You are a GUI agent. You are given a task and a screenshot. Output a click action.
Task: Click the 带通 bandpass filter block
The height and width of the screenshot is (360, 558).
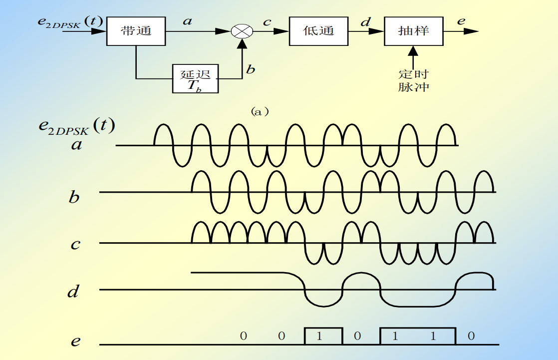(136, 31)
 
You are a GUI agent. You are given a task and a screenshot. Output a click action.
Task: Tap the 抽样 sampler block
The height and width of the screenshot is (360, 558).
(413, 31)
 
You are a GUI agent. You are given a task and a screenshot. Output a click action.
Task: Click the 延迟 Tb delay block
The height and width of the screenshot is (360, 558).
(196, 79)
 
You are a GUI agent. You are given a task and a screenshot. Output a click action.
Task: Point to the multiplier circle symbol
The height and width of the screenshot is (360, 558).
(242, 31)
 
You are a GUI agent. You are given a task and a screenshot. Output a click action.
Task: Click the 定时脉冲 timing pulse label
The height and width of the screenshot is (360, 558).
(414, 80)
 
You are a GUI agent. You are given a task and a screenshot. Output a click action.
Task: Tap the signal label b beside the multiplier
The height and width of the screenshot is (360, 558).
(251, 69)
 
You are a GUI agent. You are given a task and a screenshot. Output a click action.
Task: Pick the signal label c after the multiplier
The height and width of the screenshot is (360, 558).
(267, 22)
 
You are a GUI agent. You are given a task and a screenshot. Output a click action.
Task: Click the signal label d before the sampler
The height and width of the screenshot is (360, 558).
(365, 21)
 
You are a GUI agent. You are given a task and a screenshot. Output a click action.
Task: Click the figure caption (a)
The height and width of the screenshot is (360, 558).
(260, 111)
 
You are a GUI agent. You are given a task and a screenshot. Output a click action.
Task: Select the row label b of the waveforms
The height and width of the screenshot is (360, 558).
(74, 197)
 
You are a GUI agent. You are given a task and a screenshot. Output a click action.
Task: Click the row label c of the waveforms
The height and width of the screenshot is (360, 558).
(74, 245)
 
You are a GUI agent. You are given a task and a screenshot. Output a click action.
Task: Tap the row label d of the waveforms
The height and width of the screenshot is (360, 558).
(73, 291)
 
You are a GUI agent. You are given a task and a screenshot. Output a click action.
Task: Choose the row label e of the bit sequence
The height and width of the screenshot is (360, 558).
(75, 342)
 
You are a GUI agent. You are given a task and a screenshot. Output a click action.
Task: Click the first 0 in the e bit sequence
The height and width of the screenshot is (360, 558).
(243, 336)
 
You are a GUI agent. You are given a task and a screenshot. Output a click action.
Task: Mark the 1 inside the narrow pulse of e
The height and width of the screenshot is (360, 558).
(319, 336)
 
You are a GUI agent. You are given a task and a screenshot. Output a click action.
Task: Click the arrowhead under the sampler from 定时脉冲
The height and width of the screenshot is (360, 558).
(413, 50)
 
